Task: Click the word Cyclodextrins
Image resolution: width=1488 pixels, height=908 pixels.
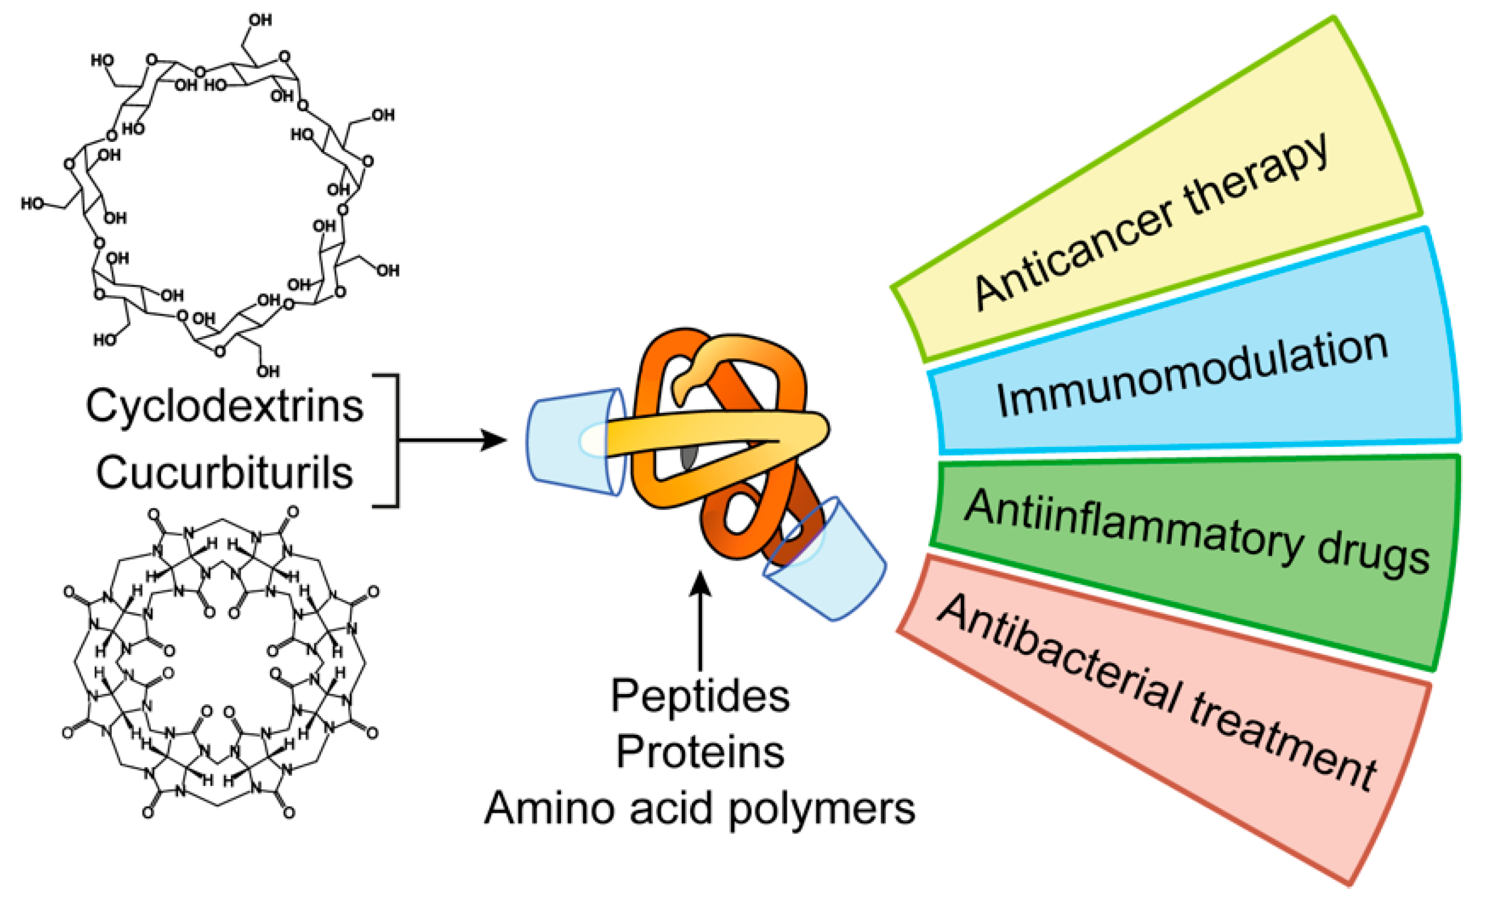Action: coord(225,406)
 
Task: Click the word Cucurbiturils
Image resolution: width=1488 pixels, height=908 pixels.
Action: coord(225,473)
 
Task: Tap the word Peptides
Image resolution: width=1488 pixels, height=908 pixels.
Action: coord(700,696)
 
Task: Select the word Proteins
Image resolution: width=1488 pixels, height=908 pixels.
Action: coord(700,752)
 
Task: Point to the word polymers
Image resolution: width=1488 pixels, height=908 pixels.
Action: coord(822,809)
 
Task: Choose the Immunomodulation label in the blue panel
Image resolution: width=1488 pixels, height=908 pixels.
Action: coord(1193,375)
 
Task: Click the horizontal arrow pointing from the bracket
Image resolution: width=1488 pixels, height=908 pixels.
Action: coord(453,440)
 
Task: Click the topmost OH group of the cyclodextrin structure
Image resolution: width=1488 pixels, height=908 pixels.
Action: coord(260,20)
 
